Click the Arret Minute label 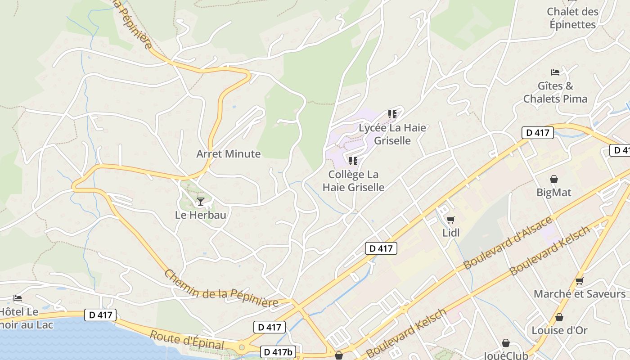click(x=228, y=154)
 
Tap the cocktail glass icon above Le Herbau click(x=201, y=201)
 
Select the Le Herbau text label click(x=200, y=215)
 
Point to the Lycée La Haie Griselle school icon click(x=392, y=114)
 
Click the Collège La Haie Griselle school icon click(x=353, y=161)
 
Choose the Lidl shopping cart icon click(x=450, y=220)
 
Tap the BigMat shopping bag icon click(x=554, y=179)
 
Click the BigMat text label click(x=554, y=193)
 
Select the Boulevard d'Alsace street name click(x=508, y=243)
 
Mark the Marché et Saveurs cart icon click(x=580, y=281)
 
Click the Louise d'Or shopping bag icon click(x=559, y=317)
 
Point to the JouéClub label click(x=506, y=355)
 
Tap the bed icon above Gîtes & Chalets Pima click(x=555, y=72)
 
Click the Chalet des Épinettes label click(x=572, y=18)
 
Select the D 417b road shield click(x=278, y=352)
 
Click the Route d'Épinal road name click(x=186, y=341)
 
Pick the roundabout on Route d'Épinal click(x=242, y=347)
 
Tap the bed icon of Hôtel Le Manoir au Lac click(x=18, y=298)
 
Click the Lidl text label click(x=451, y=233)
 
